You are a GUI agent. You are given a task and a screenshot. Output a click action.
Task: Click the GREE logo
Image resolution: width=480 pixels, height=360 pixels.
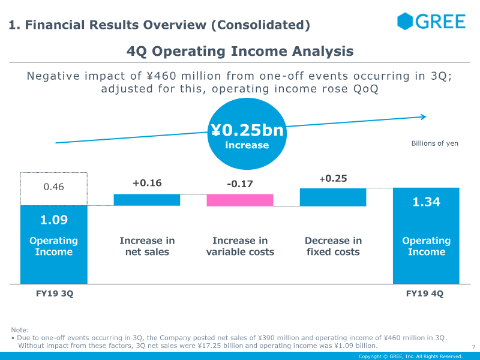click(431, 22)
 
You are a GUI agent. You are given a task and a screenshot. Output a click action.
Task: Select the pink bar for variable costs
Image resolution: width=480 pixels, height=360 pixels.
click(240, 200)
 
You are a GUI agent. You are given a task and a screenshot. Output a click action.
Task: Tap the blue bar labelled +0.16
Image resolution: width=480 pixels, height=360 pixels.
click(147, 200)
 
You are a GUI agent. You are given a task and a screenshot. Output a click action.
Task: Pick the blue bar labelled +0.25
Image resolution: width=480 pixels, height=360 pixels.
click(333, 197)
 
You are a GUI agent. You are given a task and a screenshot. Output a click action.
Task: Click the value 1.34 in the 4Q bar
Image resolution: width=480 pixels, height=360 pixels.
click(426, 202)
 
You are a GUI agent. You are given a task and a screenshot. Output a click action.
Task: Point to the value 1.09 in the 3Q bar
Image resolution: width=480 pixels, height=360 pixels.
click(54, 220)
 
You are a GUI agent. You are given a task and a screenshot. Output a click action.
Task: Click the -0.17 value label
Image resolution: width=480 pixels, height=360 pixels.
click(240, 184)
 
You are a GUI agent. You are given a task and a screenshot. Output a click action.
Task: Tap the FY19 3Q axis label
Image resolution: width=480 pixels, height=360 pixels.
click(54, 294)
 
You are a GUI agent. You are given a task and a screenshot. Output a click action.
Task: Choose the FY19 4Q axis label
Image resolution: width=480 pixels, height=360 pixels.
click(426, 294)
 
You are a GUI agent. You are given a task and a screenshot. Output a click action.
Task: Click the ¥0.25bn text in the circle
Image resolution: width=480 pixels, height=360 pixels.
click(247, 131)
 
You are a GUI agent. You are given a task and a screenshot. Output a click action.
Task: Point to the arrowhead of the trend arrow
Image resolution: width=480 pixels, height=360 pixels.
click(424, 117)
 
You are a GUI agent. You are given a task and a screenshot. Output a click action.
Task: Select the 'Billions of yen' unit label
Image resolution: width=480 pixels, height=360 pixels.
click(434, 143)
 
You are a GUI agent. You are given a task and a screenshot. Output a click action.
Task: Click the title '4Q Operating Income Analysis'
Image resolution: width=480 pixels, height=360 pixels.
click(240, 51)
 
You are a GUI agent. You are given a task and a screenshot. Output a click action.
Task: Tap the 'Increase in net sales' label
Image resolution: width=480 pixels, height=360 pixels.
click(147, 246)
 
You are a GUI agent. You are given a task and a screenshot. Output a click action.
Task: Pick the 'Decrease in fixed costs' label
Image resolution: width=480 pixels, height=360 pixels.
click(333, 246)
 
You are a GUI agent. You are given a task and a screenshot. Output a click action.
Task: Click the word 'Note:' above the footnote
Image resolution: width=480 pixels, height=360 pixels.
click(20, 330)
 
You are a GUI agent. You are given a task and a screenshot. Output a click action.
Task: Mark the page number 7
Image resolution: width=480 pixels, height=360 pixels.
click(473, 347)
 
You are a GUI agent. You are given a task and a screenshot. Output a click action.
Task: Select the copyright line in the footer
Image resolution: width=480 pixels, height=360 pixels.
click(410, 356)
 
